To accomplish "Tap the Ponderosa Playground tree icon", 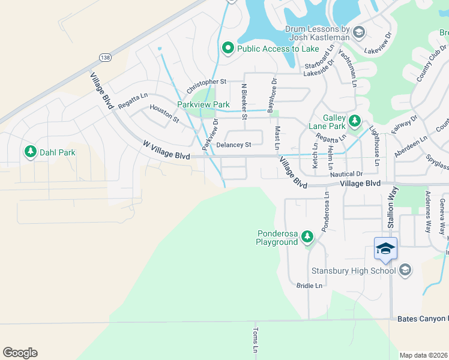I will click(x=307, y=238).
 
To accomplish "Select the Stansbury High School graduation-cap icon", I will click(x=405, y=271).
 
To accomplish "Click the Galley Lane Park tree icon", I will click(x=355, y=122).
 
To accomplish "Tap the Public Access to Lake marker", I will click(x=228, y=49).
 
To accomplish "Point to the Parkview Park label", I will click(x=203, y=104).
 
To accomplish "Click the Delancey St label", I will click(x=234, y=145).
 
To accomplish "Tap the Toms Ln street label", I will click(x=255, y=340).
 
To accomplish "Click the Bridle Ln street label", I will click(x=309, y=286).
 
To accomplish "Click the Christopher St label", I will click(x=206, y=86).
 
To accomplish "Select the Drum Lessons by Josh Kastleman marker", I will click(x=359, y=32).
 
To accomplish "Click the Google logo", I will click(x=20, y=353).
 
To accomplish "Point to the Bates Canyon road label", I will click(x=422, y=319).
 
